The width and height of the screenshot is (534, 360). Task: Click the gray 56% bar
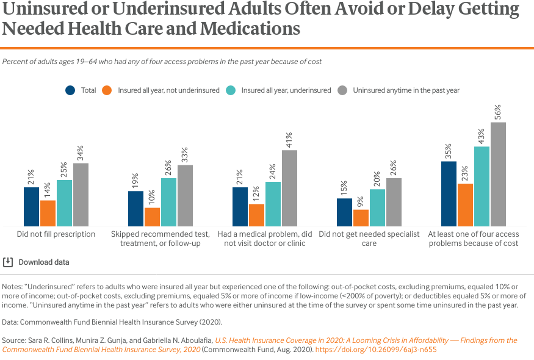click(498, 174)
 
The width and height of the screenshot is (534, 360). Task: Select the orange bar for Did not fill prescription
click(48, 213)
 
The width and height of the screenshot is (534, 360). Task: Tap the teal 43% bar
click(482, 186)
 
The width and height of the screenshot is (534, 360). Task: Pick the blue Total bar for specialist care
click(344, 212)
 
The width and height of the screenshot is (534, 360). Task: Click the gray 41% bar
click(289, 188)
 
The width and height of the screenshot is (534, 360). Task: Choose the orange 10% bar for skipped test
click(152, 217)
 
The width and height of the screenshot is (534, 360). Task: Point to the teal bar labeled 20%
click(377, 207)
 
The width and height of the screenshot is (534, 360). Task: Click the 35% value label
click(448, 150)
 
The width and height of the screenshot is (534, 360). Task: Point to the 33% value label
click(184, 154)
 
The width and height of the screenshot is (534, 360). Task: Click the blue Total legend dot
click(70, 90)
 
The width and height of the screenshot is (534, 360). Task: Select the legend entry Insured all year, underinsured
click(286, 90)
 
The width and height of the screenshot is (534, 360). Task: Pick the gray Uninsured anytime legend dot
click(342, 90)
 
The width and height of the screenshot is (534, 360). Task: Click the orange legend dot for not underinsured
click(107, 90)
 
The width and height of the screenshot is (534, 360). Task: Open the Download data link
click(43, 262)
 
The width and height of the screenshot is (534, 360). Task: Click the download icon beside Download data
click(8, 262)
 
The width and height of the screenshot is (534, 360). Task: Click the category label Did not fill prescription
click(56, 234)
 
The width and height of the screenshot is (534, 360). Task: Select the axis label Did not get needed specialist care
click(369, 239)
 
